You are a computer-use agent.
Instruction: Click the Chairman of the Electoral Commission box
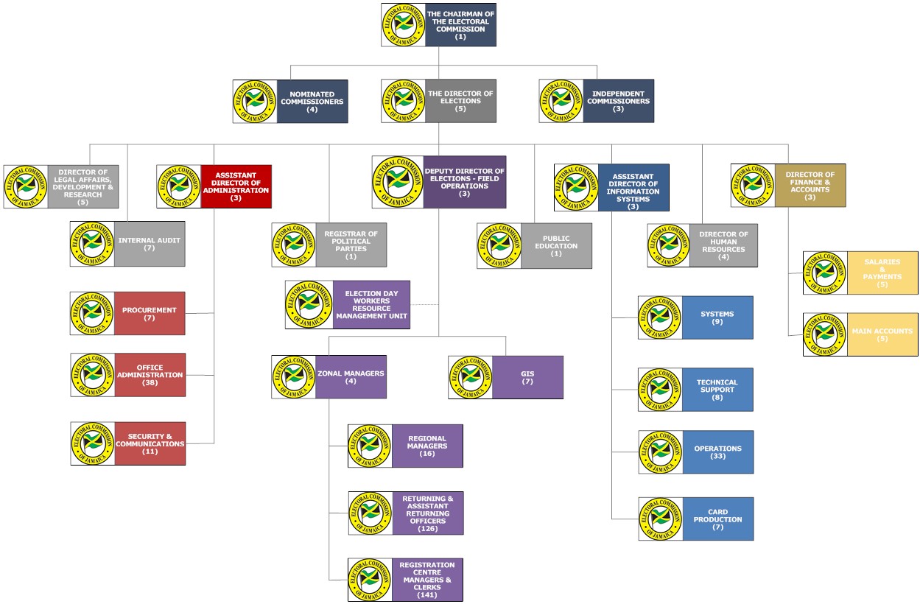click(x=460, y=25)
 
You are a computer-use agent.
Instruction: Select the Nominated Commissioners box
click(x=312, y=102)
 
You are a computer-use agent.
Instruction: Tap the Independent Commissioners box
click(x=618, y=102)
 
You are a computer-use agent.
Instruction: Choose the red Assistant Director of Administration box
click(x=236, y=186)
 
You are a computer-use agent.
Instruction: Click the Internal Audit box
click(x=149, y=244)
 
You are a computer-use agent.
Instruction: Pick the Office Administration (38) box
click(x=150, y=375)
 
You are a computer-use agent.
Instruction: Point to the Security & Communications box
click(x=150, y=443)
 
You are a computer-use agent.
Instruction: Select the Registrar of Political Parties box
click(x=351, y=245)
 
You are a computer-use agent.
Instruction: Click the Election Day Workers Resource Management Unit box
click(x=371, y=304)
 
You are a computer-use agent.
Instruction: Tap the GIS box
click(x=527, y=377)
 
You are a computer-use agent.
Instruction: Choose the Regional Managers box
click(x=427, y=446)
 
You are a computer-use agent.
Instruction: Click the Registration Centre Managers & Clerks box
click(x=427, y=580)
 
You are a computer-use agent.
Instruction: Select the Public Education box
click(x=555, y=246)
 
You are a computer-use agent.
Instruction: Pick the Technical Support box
click(x=717, y=390)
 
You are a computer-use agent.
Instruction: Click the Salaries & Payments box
click(x=882, y=273)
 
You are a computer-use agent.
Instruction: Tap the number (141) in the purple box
click(x=427, y=595)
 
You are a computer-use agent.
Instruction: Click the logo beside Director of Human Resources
click(x=670, y=245)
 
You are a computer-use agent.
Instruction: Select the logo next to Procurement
click(x=93, y=313)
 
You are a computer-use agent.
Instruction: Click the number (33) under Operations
click(x=717, y=457)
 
